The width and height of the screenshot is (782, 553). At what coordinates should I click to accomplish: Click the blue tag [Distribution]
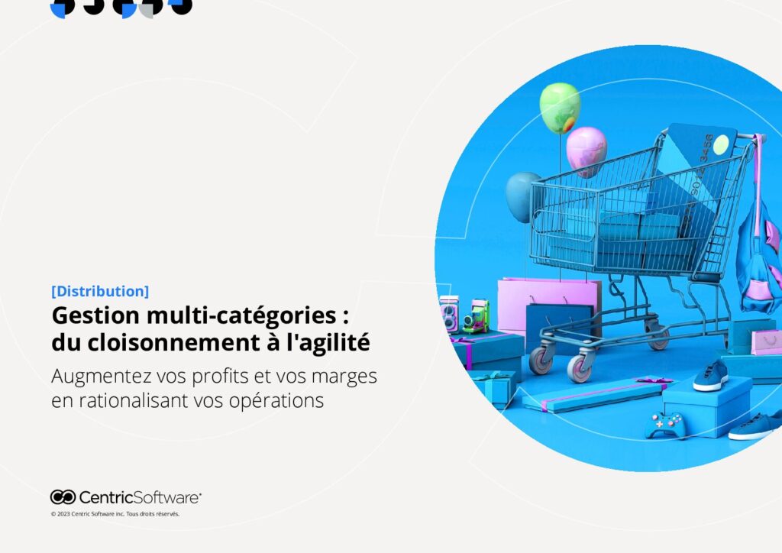100,291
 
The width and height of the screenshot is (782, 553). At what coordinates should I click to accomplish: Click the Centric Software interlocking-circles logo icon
63,497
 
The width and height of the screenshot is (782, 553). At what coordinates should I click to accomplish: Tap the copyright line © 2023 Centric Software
115,514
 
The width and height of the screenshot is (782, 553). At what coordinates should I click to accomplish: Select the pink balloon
586,151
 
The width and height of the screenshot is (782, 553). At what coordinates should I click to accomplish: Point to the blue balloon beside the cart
521,196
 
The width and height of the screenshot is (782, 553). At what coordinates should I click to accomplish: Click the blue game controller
664,425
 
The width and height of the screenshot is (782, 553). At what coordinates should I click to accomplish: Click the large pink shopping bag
548,304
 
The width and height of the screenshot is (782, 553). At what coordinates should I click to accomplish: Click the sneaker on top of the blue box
711,376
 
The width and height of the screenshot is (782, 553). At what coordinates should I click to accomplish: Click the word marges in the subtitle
344,377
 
